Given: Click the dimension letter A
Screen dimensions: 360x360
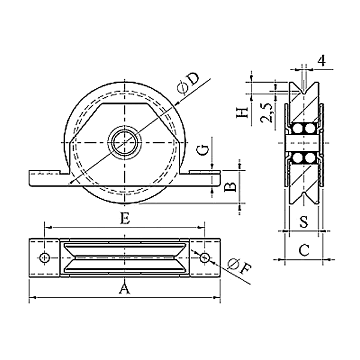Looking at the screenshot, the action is point(124,289).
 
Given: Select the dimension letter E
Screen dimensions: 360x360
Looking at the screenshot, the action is point(125,219).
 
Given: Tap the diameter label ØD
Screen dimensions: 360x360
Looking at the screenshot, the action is point(188,83).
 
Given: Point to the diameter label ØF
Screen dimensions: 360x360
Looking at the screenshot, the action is point(239,267).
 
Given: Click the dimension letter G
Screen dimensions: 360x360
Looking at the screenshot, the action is point(203,151).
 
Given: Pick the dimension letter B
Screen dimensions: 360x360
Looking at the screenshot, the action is point(230,187).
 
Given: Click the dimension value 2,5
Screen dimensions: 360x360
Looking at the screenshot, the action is point(266,113).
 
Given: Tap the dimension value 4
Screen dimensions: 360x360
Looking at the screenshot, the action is point(322,61).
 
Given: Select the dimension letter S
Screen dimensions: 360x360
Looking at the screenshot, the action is point(304,222).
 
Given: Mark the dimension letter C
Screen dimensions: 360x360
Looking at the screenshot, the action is point(304,250).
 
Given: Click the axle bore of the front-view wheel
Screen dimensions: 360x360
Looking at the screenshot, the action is point(125,143).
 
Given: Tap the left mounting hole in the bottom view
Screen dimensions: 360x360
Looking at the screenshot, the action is point(45,258).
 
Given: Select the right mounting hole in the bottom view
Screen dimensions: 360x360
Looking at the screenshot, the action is point(204,258).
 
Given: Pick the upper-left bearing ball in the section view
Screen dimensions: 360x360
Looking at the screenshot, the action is point(298,128).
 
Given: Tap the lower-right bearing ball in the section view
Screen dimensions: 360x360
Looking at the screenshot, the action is point(310,158).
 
